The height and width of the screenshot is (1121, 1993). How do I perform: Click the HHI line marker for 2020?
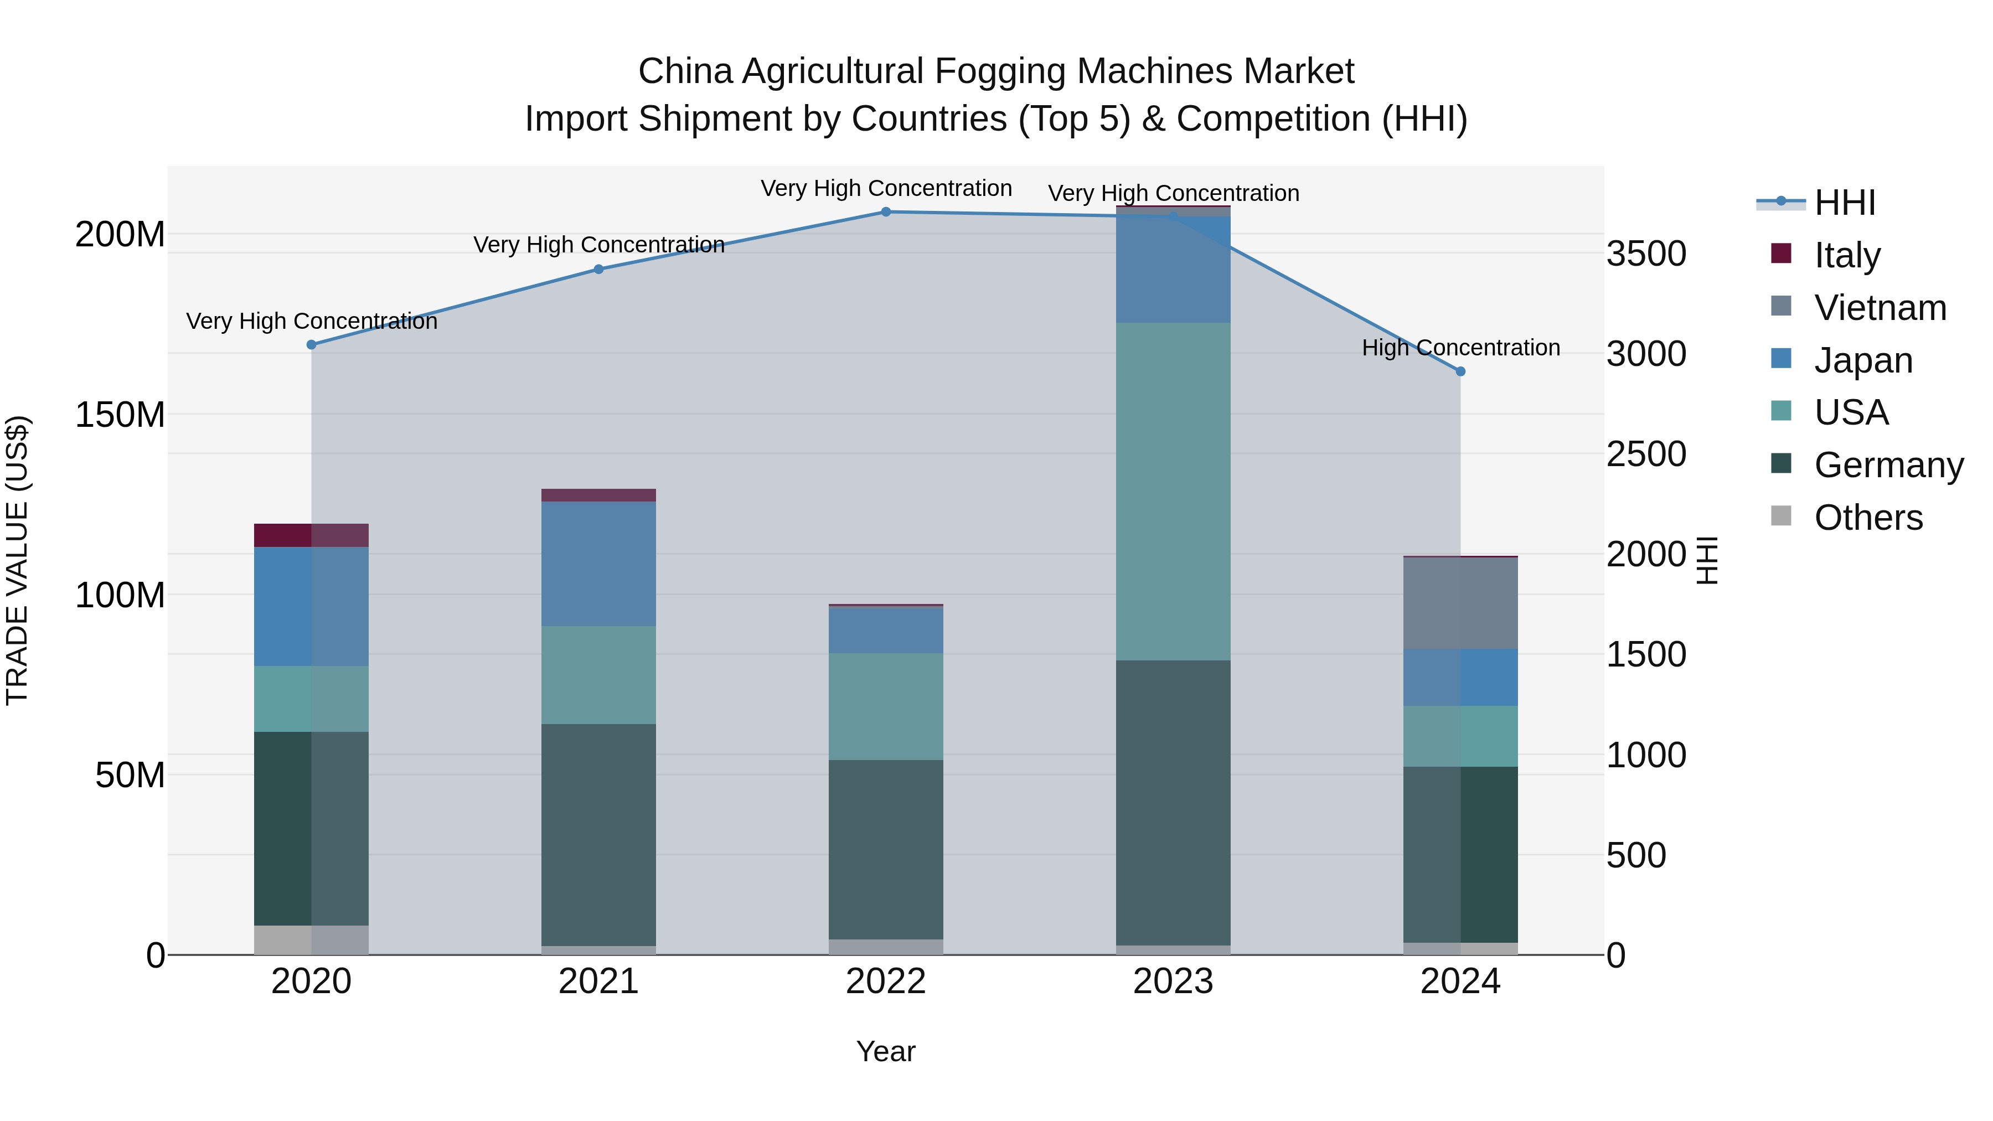click(311, 345)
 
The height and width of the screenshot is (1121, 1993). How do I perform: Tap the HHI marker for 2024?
click(1461, 371)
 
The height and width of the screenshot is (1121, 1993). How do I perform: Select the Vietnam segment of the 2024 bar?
click(1461, 603)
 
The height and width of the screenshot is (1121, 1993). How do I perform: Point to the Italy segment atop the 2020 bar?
click(311, 535)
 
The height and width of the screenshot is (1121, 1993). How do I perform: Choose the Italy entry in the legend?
click(1847, 255)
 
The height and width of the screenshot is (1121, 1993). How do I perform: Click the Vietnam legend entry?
click(1880, 308)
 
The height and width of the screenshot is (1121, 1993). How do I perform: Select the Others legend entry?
click(1868, 518)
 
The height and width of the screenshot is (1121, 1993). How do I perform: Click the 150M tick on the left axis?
click(120, 415)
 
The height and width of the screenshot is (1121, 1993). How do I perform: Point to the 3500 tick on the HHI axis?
click(1646, 254)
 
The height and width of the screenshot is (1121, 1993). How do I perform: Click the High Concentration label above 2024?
click(1461, 348)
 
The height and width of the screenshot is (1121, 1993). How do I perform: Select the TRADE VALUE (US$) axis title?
click(17, 560)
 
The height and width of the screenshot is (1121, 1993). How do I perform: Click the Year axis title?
click(886, 1051)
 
